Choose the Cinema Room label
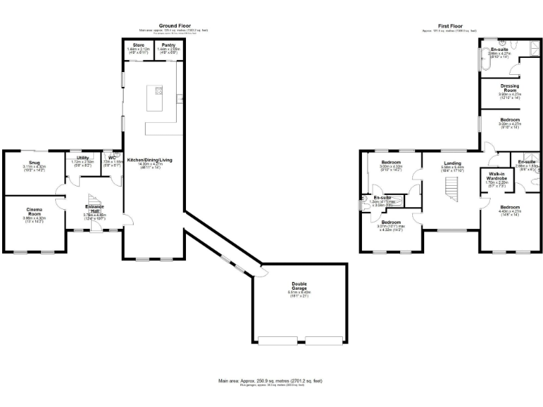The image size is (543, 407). [x=34, y=212]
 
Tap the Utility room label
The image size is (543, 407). [x=83, y=158]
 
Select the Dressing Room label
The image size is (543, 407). [x=509, y=89]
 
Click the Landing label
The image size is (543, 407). [x=452, y=163]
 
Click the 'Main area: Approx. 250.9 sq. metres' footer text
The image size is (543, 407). [x=271, y=380]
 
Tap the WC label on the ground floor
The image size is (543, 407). [x=112, y=158]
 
